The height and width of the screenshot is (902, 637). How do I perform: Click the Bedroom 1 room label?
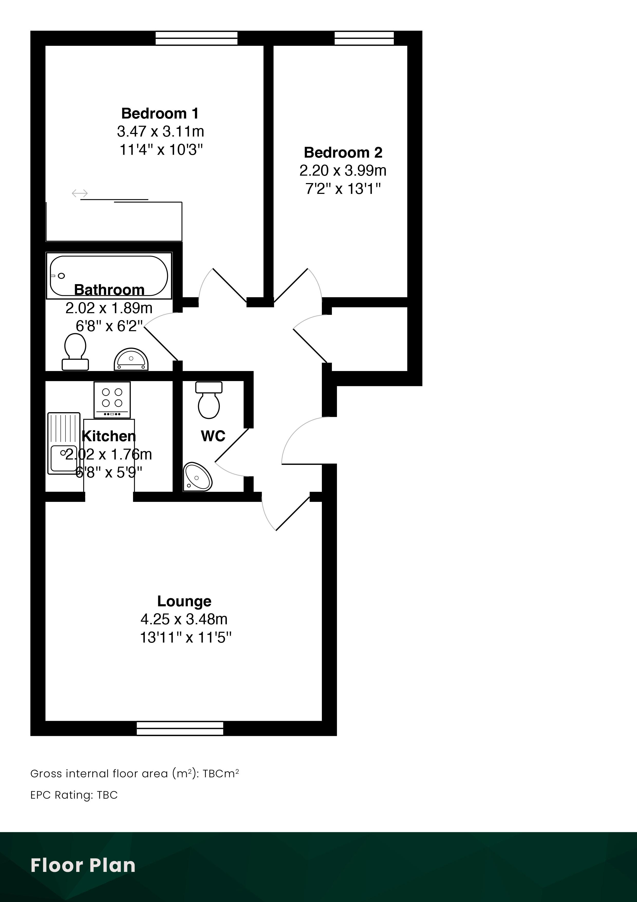pos(160,114)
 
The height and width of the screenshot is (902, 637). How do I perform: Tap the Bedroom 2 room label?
pos(343,152)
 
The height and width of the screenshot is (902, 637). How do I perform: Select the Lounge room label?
pos(184,601)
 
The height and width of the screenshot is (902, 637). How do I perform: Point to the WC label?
pos(213,436)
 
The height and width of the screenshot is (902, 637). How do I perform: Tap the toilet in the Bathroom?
pos(75,351)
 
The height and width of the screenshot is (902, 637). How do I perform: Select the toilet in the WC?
pos(209,400)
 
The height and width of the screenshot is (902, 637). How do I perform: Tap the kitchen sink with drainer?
pos(64,443)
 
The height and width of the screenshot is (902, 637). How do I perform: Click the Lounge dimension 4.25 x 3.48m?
pos(184,619)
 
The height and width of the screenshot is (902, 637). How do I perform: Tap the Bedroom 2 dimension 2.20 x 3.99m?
pos(343,170)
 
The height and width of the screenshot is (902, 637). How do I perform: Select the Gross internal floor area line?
pos(135,773)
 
